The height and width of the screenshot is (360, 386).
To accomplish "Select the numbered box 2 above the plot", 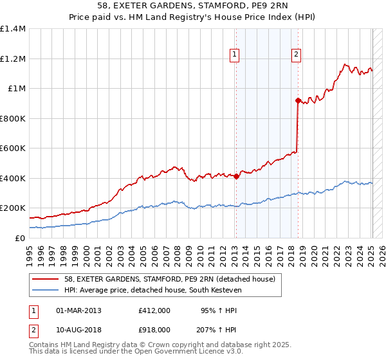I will click(x=296, y=55).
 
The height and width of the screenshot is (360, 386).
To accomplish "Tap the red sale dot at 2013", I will click(x=236, y=176).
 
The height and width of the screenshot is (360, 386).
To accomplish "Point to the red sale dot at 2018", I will click(x=298, y=100).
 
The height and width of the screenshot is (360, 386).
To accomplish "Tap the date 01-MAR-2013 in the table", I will click(x=78, y=310).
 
